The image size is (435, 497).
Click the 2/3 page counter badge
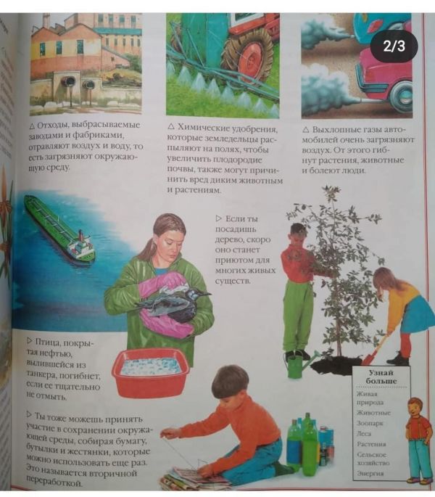point(394,46)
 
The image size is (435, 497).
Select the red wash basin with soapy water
point(151,371)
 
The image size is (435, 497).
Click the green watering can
point(299,363)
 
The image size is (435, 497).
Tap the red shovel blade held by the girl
point(370,359)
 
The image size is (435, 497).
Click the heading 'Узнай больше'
point(381,377)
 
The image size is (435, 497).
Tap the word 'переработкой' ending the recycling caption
point(54,483)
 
